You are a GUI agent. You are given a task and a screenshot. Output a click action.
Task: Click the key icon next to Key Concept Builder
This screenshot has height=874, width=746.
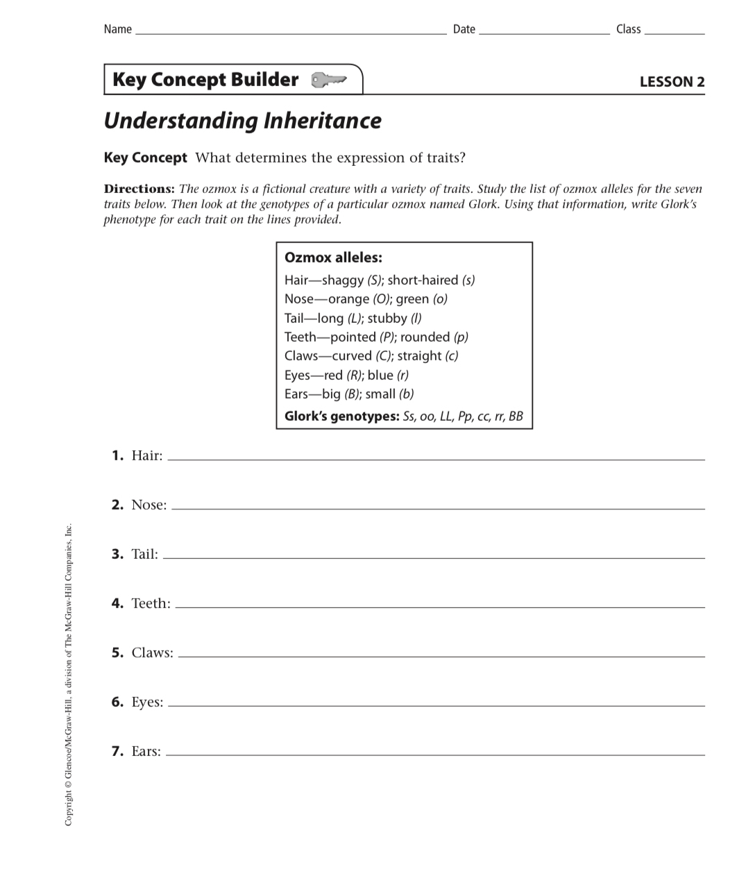(x=328, y=81)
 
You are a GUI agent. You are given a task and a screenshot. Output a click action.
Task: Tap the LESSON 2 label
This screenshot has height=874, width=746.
(x=671, y=82)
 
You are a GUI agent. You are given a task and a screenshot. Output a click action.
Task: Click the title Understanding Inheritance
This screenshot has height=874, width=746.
(x=242, y=121)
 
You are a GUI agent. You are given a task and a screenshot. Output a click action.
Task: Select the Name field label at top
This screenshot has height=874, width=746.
(x=117, y=29)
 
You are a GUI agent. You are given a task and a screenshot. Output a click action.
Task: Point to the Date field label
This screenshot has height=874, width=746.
(x=464, y=29)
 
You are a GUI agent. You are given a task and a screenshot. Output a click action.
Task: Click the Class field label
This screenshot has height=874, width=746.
(x=628, y=29)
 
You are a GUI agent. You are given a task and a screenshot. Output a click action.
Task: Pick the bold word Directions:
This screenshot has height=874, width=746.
(x=139, y=189)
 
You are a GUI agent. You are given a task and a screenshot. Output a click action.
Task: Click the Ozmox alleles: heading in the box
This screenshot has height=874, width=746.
(x=333, y=258)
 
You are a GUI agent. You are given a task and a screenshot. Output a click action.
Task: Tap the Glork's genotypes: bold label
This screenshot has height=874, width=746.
(x=341, y=417)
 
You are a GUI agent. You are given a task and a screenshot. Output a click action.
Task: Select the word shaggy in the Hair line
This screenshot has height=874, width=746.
(x=343, y=280)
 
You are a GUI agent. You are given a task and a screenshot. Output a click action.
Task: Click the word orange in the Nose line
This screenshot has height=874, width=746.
(x=348, y=299)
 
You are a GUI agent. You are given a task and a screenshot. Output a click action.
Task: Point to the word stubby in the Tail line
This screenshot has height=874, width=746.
(x=387, y=319)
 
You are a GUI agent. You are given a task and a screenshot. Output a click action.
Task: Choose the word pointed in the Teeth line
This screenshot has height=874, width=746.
(x=353, y=337)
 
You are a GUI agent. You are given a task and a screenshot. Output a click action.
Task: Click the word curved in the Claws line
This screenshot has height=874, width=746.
(x=352, y=356)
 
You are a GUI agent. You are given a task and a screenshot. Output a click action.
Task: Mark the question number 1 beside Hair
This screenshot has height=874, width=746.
(x=117, y=455)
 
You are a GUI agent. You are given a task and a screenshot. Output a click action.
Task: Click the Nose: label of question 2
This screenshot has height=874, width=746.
(x=149, y=505)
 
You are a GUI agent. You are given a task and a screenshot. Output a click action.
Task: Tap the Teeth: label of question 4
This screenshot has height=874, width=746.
(x=151, y=603)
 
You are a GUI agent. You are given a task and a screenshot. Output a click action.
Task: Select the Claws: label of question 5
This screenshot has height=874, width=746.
(x=152, y=653)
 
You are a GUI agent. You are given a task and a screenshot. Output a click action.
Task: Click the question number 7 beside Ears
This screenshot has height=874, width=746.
(x=117, y=751)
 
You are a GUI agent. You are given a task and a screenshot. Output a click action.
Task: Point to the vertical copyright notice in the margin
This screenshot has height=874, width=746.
(x=68, y=673)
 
